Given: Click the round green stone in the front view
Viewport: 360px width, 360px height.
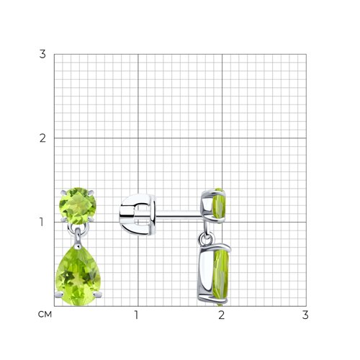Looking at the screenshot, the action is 78,206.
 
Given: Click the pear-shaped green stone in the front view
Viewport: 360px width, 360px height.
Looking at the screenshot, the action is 78,276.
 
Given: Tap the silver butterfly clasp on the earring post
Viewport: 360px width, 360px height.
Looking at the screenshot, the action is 138,214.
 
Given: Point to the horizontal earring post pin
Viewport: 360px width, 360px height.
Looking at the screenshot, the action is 178,215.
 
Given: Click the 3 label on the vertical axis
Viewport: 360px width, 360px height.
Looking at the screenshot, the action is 42,54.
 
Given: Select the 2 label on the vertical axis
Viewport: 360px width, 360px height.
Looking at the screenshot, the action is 42,138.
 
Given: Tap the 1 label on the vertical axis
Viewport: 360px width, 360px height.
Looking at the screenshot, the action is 42,222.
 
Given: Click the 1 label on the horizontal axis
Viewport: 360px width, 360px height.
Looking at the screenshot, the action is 136,315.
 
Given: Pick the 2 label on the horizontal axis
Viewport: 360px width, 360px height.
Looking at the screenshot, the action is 221,315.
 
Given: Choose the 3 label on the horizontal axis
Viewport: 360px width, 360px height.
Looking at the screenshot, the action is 305,315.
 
